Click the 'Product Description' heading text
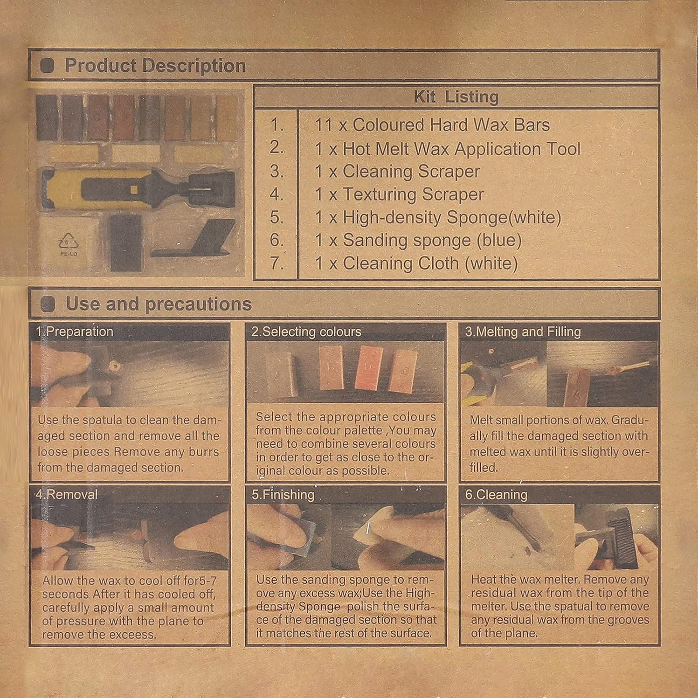pyautogui.click(x=155, y=66)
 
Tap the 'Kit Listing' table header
pyautogui.click(x=456, y=97)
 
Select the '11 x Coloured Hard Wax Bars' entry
pyautogui.click(x=432, y=125)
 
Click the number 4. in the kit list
pyautogui.click(x=276, y=194)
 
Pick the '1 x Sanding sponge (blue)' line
pyautogui.click(x=418, y=240)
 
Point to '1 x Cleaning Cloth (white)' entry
pyautogui.click(x=416, y=264)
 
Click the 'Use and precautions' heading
pyautogui.click(x=158, y=304)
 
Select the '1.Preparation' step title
pyautogui.click(x=74, y=332)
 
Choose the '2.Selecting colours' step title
pyautogui.click(x=306, y=332)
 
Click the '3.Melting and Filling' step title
pyautogui.click(x=523, y=332)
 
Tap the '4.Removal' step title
pyautogui.click(x=67, y=494)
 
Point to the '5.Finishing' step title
pyautogui.click(x=282, y=495)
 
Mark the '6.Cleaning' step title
pyautogui.click(x=496, y=495)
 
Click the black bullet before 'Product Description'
pyautogui.click(x=47, y=66)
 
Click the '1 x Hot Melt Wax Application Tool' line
pyautogui.click(x=447, y=149)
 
